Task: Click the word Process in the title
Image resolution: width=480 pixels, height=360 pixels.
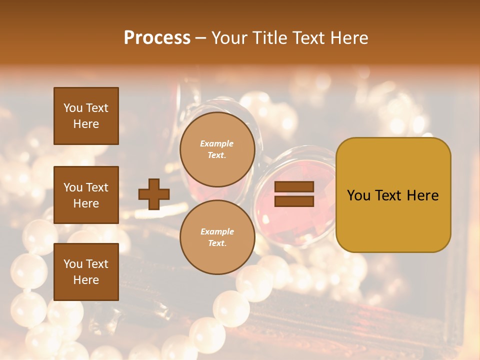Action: pyautogui.click(x=157, y=37)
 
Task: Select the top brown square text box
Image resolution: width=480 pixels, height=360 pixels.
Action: pyautogui.click(x=86, y=116)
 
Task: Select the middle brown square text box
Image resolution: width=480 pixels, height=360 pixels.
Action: pyautogui.click(x=86, y=195)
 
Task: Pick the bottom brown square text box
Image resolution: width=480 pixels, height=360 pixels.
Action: pyautogui.click(x=86, y=272)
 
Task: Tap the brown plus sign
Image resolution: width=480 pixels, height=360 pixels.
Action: pyautogui.click(x=153, y=194)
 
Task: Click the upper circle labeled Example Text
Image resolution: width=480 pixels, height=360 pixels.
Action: pyautogui.click(x=217, y=149)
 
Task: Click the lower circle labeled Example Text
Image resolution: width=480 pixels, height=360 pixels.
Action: pyautogui.click(x=217, y=237)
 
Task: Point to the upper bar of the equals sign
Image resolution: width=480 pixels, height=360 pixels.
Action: pyautogui.click(x=294, y=187)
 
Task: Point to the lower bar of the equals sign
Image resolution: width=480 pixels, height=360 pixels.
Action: pyautogui.click(x=294, y=201)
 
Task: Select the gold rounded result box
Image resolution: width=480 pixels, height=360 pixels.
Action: pyautogui.click(x=393, y=194)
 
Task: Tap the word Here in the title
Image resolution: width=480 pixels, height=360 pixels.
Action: pyautogui.click(x=349, y=38)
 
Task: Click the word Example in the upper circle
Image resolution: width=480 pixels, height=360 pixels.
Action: pyautogui.click(x=217, y=143)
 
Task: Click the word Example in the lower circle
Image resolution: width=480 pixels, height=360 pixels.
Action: pyautogui.click(x=217, y=231)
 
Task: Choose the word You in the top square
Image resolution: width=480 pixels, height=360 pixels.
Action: pyautogui.click(x=72, y=108)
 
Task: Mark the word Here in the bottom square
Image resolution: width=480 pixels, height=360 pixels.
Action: pyautogui.click(x=86, y=280)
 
